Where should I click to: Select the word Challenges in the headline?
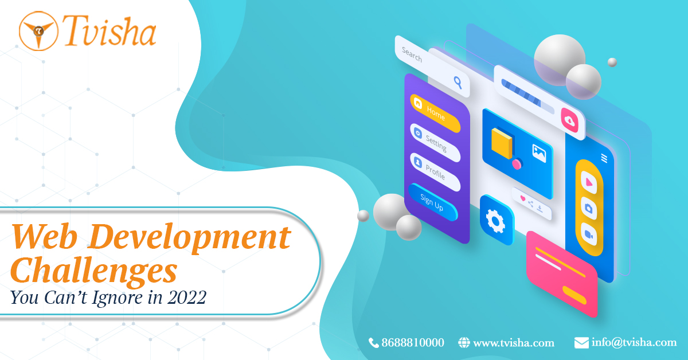click(x=93, y=269)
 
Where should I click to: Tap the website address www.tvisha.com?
click(x=514, y=343)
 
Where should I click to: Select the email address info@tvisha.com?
click(x=634, y=343)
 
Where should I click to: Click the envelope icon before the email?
click(x=581, y=343)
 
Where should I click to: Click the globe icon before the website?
click(x=464, y=343)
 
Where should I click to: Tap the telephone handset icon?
click(x=374, y=343)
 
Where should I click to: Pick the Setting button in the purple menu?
click(x=435, y=143)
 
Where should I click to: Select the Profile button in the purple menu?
click(x=435, y=172)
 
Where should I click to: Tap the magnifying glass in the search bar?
click(x=458, y=82)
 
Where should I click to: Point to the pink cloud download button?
click(x=569, y=120)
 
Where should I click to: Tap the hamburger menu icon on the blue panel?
click(x=604, y=158)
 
